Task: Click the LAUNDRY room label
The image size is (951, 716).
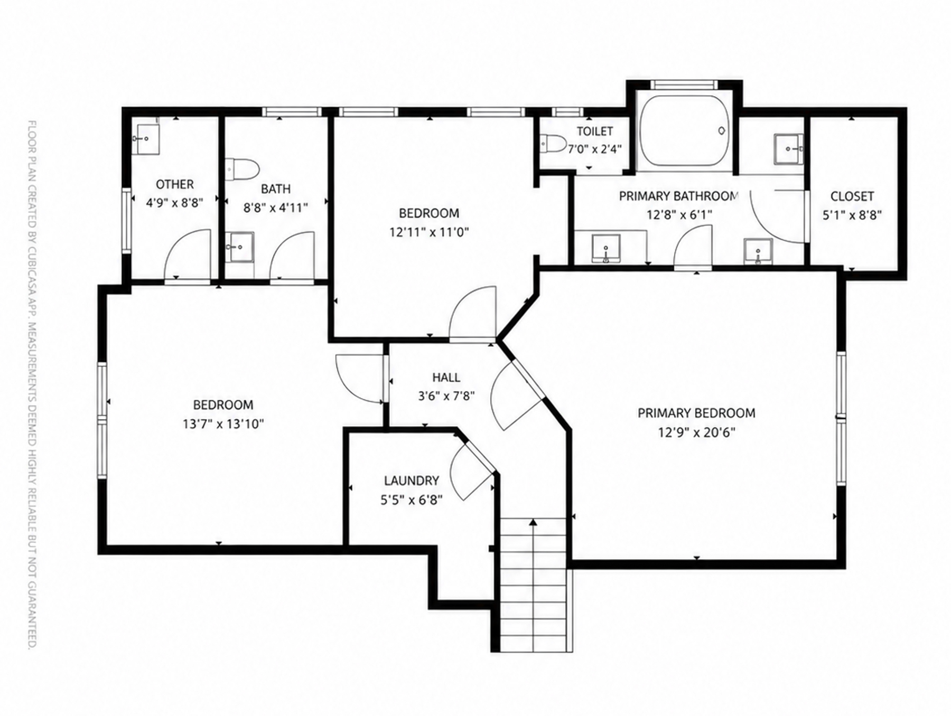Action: (411, 481)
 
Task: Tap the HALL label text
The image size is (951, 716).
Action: (446, 378)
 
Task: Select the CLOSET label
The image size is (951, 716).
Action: (852, 196)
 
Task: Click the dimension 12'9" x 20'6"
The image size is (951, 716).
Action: (696, 432)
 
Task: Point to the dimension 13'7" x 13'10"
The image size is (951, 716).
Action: (223, 424)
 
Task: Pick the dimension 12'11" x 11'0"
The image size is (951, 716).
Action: (429, 232)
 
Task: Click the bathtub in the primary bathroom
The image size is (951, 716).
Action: (684, 130)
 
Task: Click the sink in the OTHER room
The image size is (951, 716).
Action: (148, 139)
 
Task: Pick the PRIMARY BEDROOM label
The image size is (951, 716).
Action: (696, 413)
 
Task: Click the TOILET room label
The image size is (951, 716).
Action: (594, 131)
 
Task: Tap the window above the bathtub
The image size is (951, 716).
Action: (684, 84)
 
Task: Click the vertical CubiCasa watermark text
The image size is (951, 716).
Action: (32, 385)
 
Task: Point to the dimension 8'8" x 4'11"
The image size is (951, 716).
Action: (275, 208)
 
